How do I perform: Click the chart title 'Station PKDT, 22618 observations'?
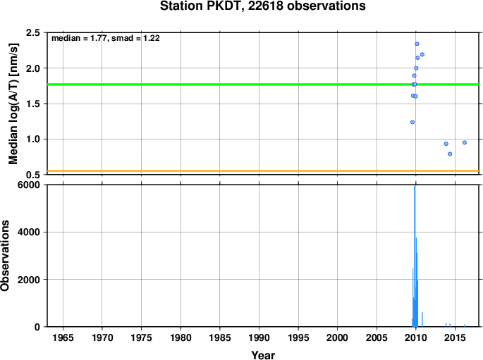pos(263,6)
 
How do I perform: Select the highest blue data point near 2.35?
pos(417,44)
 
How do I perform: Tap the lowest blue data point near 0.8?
pos(450,154)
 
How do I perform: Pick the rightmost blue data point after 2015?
pos(465,142)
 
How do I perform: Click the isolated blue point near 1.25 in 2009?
pos(412,122)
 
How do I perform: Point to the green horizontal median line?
pos(263,85)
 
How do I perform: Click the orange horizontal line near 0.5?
pos(263,170)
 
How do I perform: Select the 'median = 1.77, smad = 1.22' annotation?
pos(105,38)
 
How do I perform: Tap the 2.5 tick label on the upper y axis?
pos(33,32)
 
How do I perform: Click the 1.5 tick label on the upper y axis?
pos(33,104)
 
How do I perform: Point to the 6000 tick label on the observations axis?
pos(29,185)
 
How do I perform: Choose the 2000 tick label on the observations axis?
pos(29,280)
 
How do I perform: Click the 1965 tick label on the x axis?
pos(63,338)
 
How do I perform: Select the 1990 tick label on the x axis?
pos(259,338)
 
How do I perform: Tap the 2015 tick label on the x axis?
pos(455,338)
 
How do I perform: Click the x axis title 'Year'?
pos(263,355)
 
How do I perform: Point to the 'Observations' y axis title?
pos(5,256)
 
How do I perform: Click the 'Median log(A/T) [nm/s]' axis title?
pos(13,104)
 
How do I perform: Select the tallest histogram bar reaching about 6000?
pos(415,256)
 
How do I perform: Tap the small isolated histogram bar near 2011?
pos(422,319)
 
